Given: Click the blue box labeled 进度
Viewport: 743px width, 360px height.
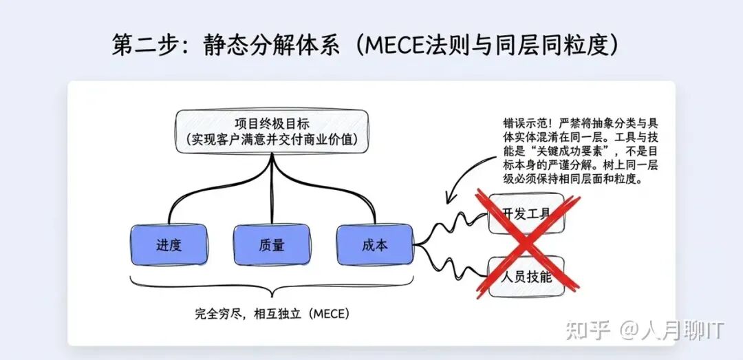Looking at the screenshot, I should (169, 245).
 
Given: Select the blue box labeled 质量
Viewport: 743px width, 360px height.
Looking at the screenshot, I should (272, 245).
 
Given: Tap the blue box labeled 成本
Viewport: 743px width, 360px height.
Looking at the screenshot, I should (374, 245).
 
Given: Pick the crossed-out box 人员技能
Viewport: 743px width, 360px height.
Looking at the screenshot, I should (526, 277).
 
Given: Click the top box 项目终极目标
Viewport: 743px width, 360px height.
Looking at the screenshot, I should (272, 125).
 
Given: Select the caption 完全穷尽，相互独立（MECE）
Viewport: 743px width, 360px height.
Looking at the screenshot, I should (272, 314).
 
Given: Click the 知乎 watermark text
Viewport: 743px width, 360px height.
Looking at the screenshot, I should (588, 330).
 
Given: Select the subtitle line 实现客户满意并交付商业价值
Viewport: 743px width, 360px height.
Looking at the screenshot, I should (272, 140).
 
